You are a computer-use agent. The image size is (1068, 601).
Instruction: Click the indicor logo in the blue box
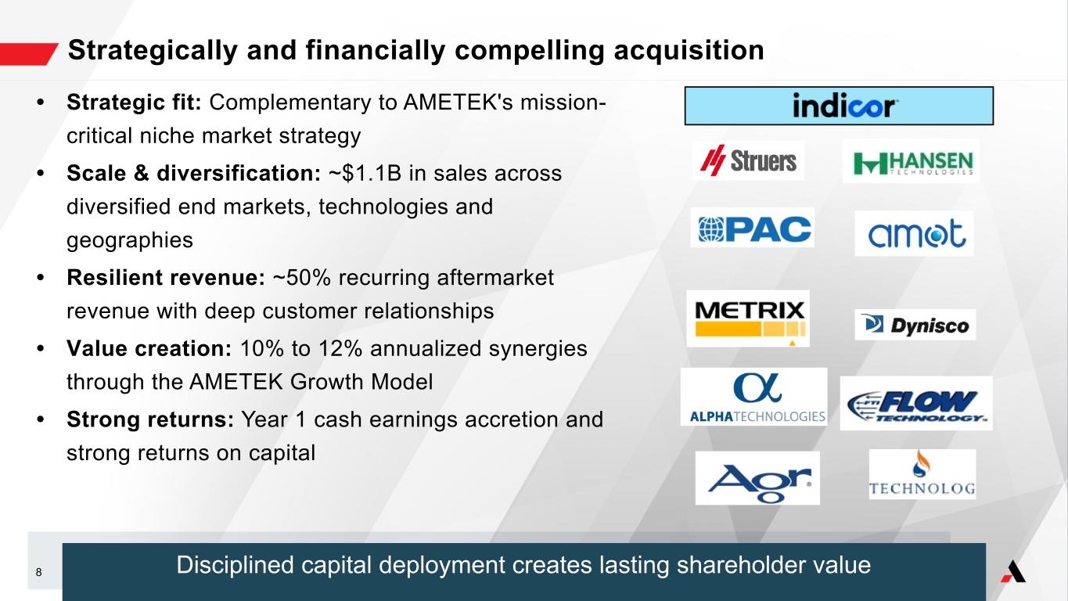843,105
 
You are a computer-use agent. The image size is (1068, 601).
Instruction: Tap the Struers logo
748,160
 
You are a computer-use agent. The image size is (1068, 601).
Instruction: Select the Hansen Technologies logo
912,162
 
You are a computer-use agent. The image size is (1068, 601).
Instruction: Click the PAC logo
753,228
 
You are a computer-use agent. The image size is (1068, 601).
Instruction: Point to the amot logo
914,234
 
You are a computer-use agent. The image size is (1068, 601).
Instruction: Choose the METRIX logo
748,318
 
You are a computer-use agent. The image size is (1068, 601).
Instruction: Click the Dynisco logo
915,325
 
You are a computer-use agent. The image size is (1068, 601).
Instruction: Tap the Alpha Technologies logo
753,397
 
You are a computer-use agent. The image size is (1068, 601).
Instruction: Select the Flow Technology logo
916,404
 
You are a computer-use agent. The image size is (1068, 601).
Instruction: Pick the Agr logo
757,478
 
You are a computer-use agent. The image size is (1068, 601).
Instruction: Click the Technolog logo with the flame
922,474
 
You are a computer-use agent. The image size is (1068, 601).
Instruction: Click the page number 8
38,572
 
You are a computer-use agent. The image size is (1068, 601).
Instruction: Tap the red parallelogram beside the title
29,54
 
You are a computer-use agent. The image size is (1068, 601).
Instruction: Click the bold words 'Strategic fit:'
134,102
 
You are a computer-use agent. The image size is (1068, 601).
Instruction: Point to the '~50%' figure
301,278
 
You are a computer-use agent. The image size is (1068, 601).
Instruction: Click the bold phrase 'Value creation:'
149,348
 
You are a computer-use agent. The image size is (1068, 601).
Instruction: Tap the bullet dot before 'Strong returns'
41,419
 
